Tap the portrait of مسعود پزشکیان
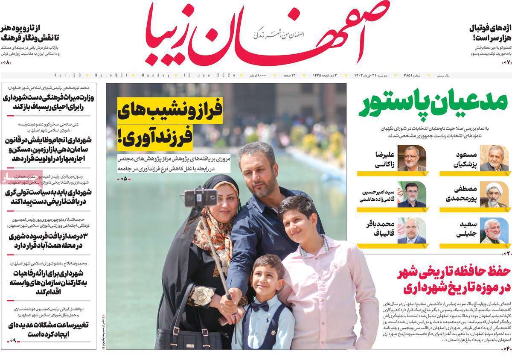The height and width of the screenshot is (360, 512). tap(494, 158)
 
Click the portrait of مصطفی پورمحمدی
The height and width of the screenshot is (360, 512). tap(494, 194)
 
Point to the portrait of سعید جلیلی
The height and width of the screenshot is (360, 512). tap(494, 231)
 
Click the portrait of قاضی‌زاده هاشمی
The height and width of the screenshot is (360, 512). tap(412, 194)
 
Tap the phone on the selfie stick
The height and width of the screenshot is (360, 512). tap(200, 198)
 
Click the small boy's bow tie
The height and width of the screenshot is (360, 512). tap(260, 307)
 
